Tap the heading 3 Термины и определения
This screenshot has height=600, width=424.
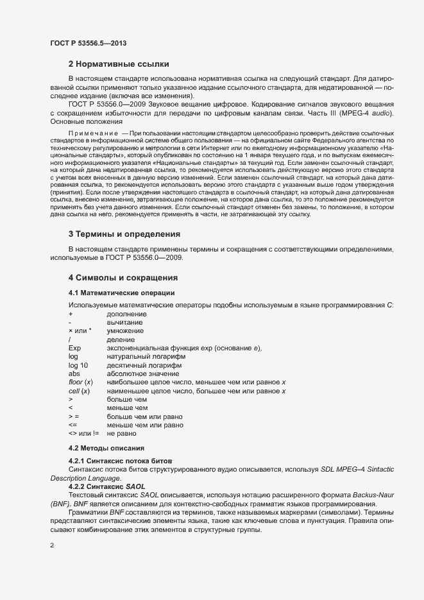pos(124,252)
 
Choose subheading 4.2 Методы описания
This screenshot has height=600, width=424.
pos(106,447)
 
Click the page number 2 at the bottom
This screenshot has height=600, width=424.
pos(52,546)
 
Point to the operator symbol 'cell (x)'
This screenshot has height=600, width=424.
pos(79,391)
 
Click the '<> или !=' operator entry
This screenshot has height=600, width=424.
pos(83,433)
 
